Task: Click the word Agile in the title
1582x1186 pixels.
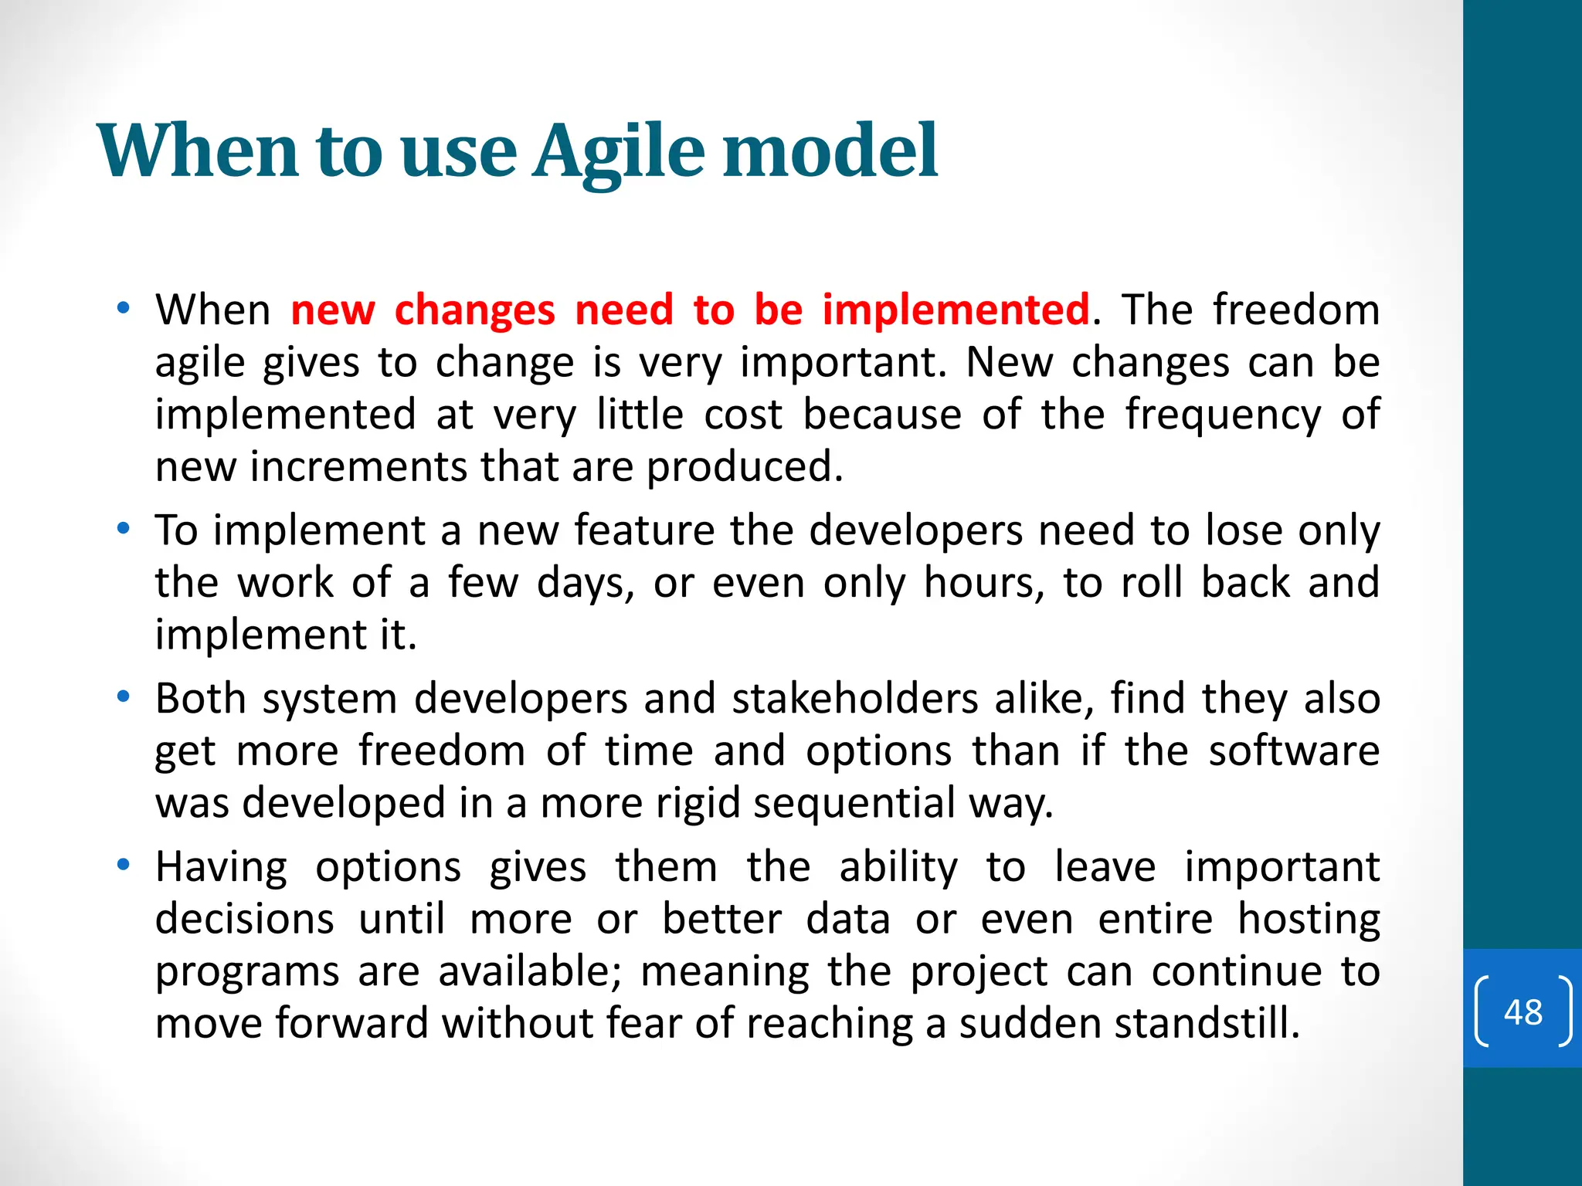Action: (x=618, y=151)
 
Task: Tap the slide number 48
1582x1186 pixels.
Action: (x=1523, y=1011)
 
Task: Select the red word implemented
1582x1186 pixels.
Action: (x=956, y=310)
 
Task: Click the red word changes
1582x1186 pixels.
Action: (x=474, y=310)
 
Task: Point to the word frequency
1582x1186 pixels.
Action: (x=1223, y=415)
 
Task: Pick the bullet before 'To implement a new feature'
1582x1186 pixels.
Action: (x=123, y=529)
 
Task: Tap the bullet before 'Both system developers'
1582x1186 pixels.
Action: (x=123, y=697)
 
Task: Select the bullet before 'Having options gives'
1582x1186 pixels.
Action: (x=123, y=865)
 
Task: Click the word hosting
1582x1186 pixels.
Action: (x=1309, y=920)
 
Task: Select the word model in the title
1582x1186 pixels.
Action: (x=830, y=151)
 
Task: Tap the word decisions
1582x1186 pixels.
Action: (x=245, y=920)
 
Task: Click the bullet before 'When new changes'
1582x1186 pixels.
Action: (x=123, y=309)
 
